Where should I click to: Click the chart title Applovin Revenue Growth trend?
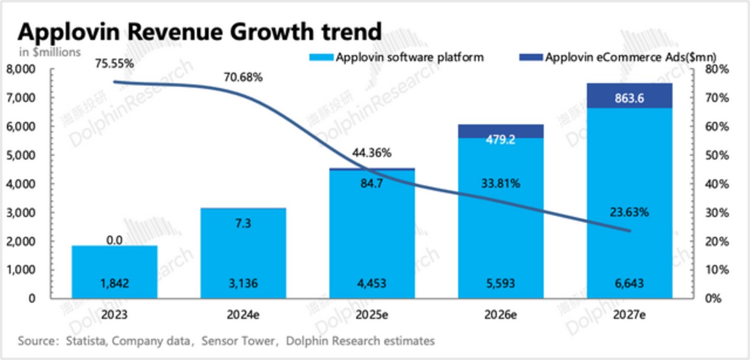point(200,32)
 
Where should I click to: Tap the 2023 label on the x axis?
point(114,315)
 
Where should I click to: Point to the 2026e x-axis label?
point(501,315)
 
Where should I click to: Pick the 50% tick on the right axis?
point(712,155)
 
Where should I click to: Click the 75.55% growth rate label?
point(114,64)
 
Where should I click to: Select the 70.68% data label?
point(243,78)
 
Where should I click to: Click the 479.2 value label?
point(501,140)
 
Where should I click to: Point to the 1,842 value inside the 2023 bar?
point(114,284)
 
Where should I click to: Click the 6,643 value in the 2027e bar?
point(629,284)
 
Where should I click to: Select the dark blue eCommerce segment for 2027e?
point(629,95)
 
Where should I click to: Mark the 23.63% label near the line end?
point(629,212)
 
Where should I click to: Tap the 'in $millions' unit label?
point(50,52)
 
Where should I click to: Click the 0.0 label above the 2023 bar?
point(114,241)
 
